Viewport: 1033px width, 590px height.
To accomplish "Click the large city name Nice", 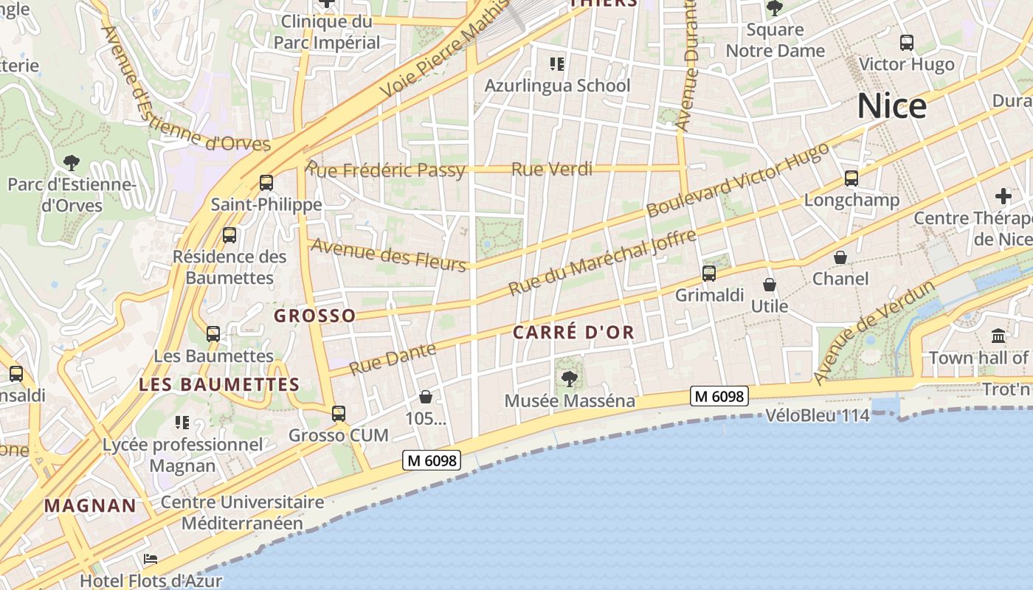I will (891, 107).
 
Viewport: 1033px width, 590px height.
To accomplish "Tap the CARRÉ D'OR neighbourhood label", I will (573, 333).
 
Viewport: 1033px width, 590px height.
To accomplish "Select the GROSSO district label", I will (314, 316).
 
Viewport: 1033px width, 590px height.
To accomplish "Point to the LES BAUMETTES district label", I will (219, 385).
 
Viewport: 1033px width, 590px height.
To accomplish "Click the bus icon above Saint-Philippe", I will (266, 182).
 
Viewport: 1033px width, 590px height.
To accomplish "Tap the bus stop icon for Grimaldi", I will (709, 274).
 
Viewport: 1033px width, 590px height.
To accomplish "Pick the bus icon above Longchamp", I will (851, 178).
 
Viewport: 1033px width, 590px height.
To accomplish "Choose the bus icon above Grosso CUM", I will (339, 414).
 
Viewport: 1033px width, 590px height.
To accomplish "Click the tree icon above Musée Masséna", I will (569, 379).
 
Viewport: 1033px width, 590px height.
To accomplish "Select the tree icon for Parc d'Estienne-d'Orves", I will (72, 162).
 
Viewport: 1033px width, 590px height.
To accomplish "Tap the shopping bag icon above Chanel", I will (840, 257).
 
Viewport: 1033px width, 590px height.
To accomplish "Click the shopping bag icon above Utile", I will (770, 285).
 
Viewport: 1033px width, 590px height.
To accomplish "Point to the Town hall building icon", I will (998, 336).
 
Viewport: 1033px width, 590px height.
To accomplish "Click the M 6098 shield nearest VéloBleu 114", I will (719, 396).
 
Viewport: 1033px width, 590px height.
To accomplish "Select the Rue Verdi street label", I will (552, 170).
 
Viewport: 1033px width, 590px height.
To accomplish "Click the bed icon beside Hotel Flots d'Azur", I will (151, 559).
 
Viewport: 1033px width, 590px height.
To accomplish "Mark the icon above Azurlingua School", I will (557, 64).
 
